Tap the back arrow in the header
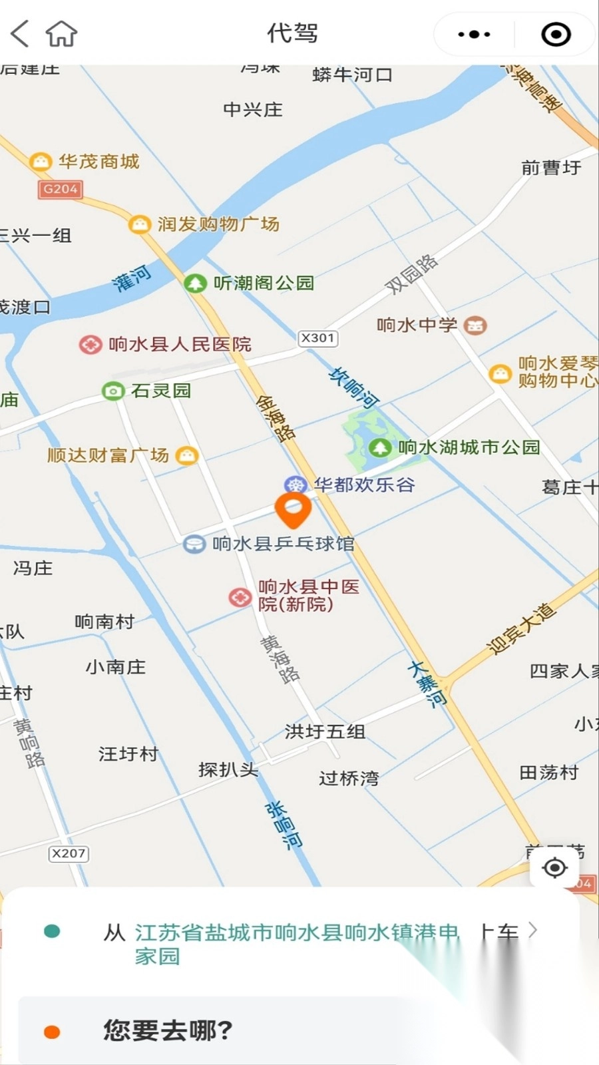point(20,33)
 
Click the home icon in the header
point(61,33)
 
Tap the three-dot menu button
point(474,34)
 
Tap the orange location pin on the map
point(293,511)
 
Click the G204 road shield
point(60,189)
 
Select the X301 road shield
point(317,338)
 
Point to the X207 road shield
point(69,853)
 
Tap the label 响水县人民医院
point(180,344)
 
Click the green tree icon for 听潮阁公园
point(194,284)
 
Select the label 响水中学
point(417,325)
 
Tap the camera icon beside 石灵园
point(112,391)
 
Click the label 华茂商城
point(99,161)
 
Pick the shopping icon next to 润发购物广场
point(138,224)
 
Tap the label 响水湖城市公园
point(469,447)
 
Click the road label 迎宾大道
point(520,630)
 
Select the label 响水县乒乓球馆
point(283,544)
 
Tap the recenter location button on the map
point(554,867)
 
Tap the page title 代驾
point(292,33)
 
